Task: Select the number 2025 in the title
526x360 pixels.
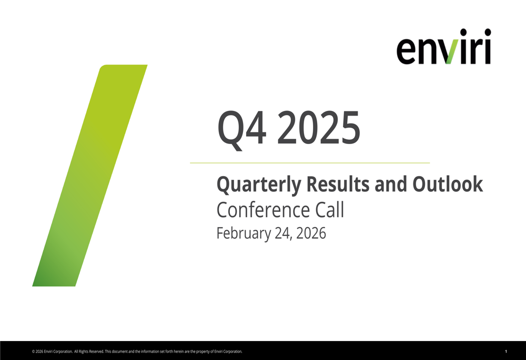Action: tap(319, 129)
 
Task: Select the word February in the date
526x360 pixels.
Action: tap(243, 233)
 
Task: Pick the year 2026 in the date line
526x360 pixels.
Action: tap(311, 233)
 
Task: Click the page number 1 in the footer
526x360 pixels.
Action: tap(505, 351)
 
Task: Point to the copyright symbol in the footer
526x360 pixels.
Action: tap(33, 352)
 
